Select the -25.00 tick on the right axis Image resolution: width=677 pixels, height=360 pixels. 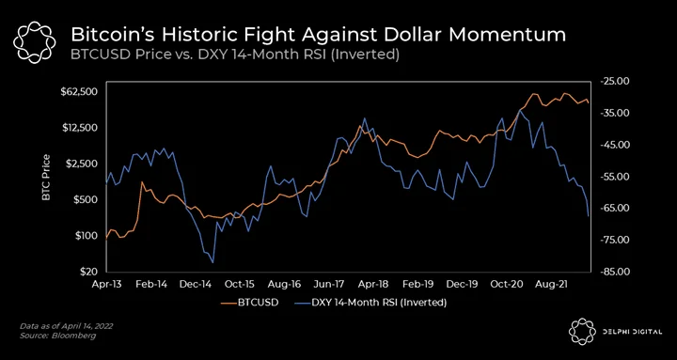click(612, 81)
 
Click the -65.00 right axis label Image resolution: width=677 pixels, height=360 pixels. click(612, 208)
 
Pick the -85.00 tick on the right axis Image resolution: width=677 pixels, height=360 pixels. click(612, 272)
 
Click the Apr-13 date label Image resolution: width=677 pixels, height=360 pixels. click(106, 285)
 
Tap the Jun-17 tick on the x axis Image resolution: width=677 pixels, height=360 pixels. click(334, 285)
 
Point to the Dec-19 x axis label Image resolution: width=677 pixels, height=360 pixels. click(462, 285)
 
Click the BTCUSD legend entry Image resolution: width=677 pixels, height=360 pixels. click(249, 302)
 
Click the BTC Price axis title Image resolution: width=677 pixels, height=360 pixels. click(46, 178)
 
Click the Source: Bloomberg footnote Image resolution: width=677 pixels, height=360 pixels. click(57, 336)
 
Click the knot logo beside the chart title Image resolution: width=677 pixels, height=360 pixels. click(35, 42)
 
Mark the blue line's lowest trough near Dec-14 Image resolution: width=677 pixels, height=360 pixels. click(213, 262)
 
